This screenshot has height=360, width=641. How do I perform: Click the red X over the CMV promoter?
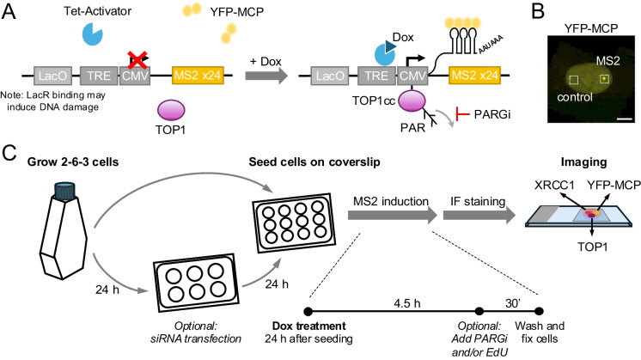[138, 59]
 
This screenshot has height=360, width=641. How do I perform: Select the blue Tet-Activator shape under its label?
[93, 34]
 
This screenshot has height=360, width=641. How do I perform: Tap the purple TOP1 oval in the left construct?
[171, 110]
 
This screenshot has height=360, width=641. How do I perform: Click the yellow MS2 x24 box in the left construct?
[198, 76]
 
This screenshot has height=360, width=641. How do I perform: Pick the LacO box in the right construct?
[330, 76]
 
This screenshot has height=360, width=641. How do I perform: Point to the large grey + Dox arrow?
[266, 76]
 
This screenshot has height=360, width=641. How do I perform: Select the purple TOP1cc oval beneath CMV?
[412, 101]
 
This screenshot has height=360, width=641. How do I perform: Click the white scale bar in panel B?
[621, 119]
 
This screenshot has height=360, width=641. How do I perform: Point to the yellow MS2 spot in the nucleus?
[603, 78]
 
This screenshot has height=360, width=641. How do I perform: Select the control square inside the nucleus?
[573, 79]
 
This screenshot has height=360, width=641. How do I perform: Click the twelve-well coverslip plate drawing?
[293, 223]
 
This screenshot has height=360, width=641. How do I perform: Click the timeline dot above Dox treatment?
[308, 312]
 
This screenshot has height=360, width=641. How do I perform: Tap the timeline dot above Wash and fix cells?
[540, 311]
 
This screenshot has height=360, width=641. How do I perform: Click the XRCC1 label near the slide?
[554, 185]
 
